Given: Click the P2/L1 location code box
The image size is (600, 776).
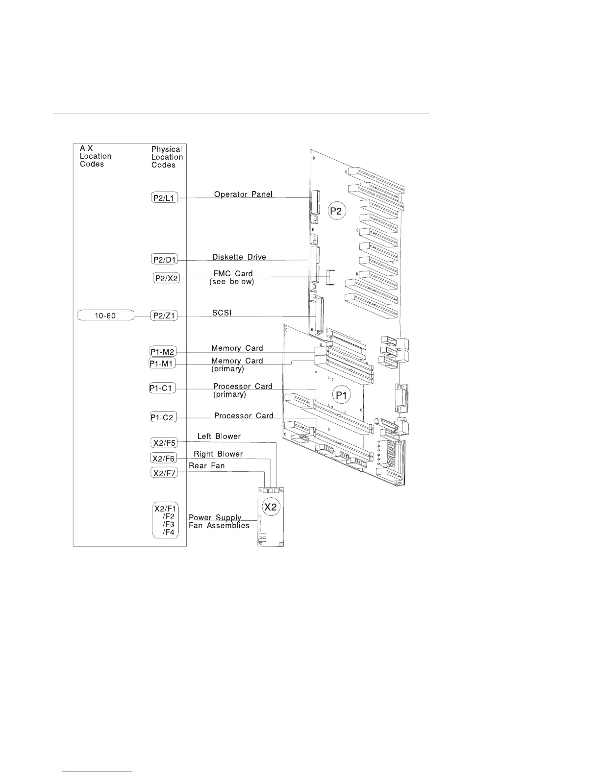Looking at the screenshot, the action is (x=164, y=198).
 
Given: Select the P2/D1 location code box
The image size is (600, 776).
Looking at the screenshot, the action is (x=164, y=260).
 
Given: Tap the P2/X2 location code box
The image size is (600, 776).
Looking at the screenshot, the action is (x=167, y=278).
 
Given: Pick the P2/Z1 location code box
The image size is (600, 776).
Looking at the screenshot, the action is (x=164, y=316).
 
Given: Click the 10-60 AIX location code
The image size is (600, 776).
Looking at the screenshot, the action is (x=105, y=316).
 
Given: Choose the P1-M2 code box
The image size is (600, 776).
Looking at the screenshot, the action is (x=162, y=352).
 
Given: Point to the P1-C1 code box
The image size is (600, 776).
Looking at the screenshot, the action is (x=162, y=388).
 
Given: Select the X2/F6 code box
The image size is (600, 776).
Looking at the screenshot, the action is (x=164, y=459).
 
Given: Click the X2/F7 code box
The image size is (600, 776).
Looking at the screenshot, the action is (x=164, y=473).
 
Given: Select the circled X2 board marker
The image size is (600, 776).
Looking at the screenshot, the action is (x=271, y=507).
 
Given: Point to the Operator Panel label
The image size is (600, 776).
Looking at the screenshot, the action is (x=244, y=194).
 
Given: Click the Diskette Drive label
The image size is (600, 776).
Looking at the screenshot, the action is (x=239, y=257).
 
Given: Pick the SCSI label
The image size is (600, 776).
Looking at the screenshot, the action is (x=222, y=313).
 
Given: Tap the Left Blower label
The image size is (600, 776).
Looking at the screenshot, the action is (x=219, y=436).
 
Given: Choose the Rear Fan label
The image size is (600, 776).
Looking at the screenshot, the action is (x=207, y=466).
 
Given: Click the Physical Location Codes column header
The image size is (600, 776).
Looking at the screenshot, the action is (x=167, y=157).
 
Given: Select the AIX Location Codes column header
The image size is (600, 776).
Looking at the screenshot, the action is (x=96, y=156).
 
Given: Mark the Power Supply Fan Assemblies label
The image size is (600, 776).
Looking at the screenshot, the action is (x=219, y=522).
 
